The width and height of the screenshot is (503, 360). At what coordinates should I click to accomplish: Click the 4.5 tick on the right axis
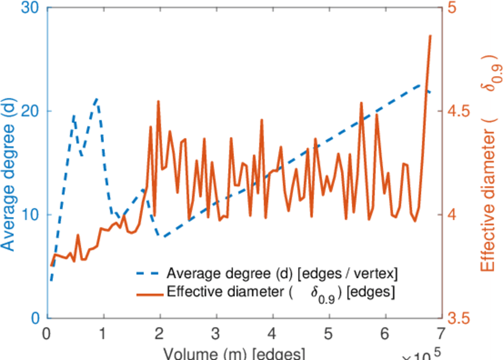pyautogui.click(x=459, y=112)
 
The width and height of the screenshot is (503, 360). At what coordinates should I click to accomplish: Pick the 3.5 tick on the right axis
pyautogui.click(x=459, y=317)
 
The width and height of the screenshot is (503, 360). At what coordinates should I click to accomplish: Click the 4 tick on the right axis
pyautogui.click(x=453, y=215)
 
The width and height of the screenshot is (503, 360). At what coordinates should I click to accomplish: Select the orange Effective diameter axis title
pyautogui.click(x=489, y=162)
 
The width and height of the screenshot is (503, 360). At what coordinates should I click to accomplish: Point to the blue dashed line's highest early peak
pyautogui.click(x=96, y=99)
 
